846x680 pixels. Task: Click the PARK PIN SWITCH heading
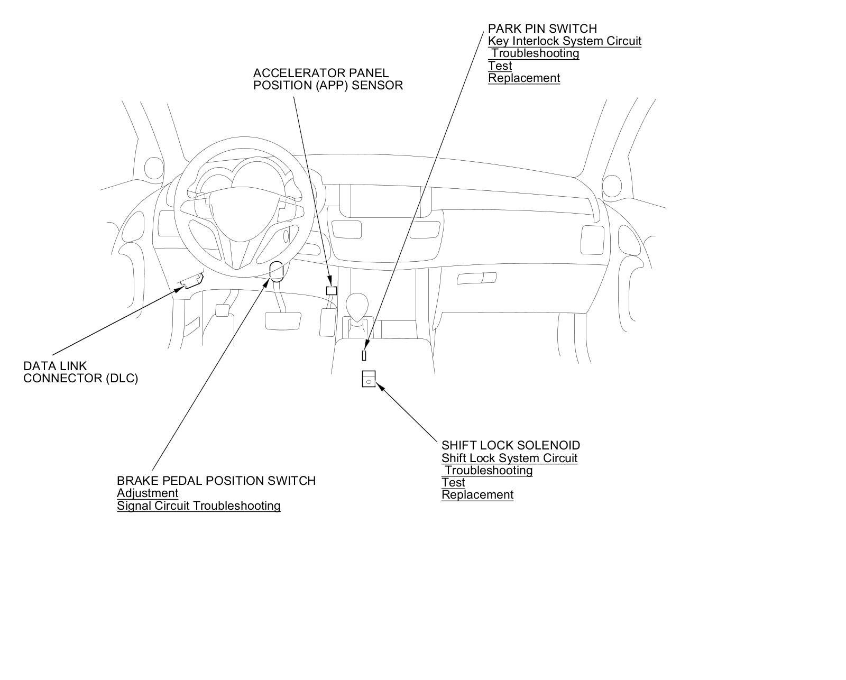(x=542, y=29)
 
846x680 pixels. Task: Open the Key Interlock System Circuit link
(x=564, y=41)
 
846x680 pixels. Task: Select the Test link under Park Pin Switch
(x=500, y=66)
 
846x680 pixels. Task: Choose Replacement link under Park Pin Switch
(x=523, y=78)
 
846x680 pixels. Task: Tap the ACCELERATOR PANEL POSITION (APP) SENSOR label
(x=328, y=79)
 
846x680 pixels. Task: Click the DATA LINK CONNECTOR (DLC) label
(x=80, y=372)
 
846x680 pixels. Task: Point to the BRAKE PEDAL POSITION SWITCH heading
(x=216, y=481)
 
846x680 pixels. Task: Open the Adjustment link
(x=148, y=493)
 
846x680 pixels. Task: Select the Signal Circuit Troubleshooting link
(x=198, y=506)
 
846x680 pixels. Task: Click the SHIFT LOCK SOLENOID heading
(x=510, y=445)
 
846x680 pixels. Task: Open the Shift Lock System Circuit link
(x=509, y=458)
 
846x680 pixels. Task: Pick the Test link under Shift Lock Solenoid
(x=453, y=483)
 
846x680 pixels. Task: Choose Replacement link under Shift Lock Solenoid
(x=477, y=495)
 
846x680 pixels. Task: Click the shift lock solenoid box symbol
(x=369, y=379)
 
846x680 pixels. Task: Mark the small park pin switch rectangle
(x=364, y=355)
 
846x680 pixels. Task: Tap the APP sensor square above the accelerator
(x=332, y=290)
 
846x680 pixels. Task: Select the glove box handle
(x=476, y=278)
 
